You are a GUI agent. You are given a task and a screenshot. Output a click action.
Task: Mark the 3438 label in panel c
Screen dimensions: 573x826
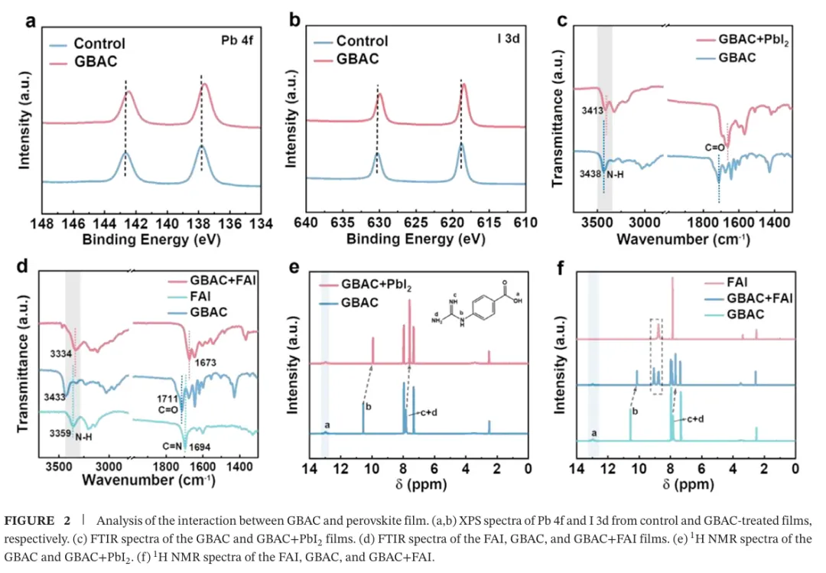click(x=590, y=174)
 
